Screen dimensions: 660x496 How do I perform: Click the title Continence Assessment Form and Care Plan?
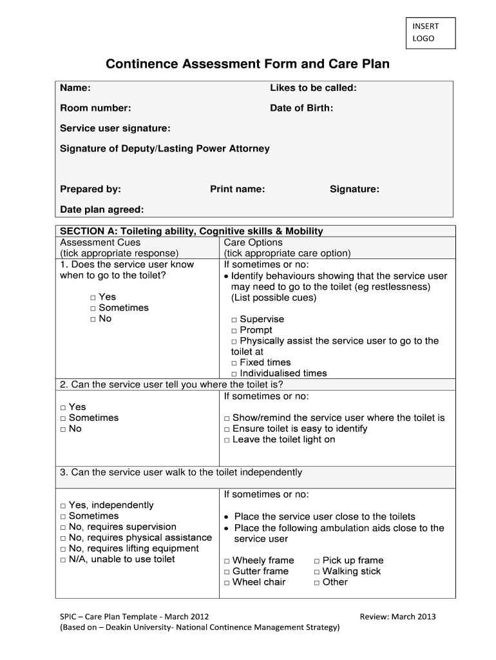pyautogui.click(x=247, y=64)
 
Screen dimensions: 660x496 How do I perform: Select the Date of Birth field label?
pyautogui.click(x=301, y=108)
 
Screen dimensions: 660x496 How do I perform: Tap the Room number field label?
pyautogui.click(x=95, y=108)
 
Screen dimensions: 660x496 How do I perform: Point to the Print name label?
pyautogui.click(x=237, y=189)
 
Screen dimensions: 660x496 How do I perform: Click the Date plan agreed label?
pyautogui.click(x=102, y=209)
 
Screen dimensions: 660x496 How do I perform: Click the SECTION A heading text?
pyautogui.click(x=191, y=231)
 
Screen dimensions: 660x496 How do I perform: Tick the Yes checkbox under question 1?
pyautogui.click(x=93, y=298)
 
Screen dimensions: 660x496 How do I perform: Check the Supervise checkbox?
pyautogui.click(x=234, y=320)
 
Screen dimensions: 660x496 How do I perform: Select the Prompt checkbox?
pyautogui.click(x=234, y=331)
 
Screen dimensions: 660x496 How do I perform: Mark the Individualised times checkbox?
pyautogui.click(x=234, y=374)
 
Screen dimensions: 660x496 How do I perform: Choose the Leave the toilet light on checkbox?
pyautogui.click(x=227, y=440)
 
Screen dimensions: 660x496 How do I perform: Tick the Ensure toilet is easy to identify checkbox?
pyautogui.click(x=227, y=429)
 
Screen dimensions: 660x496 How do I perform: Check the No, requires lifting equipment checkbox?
pyautogui.click(x=63, y=549)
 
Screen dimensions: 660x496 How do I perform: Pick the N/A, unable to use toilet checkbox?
pyautogui.click(x=63, y=560)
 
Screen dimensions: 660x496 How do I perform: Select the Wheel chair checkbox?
pyautogui.click(x=227, y=583)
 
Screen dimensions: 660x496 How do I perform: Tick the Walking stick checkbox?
pyautogui.click(x=317, y=572)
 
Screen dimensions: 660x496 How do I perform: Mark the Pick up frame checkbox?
pyautogui.click(x=317, y=561)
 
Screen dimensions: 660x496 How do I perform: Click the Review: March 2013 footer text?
pyautogui.click(x=397, y=616)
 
